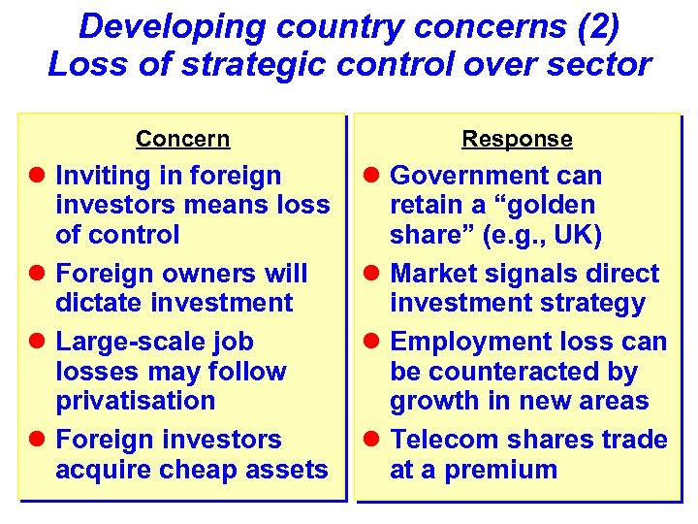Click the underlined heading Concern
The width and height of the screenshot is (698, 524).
[182, 139]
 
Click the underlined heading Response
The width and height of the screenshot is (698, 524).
[517, 139]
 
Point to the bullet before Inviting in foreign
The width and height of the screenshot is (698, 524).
[39, 177]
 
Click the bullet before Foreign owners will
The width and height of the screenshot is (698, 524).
[39, 274]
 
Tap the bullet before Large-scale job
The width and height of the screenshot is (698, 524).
[39, 343]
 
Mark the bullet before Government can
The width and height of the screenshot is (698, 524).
[372, 177]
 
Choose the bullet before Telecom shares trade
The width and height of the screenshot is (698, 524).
[372, 441]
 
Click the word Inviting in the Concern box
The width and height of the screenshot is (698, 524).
[103, 176]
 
